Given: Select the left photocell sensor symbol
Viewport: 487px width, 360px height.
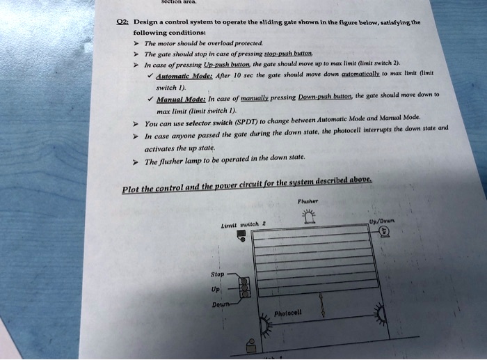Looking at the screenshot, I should coord(264,324).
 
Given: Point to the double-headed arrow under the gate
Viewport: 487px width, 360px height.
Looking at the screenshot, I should coord(321,304).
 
